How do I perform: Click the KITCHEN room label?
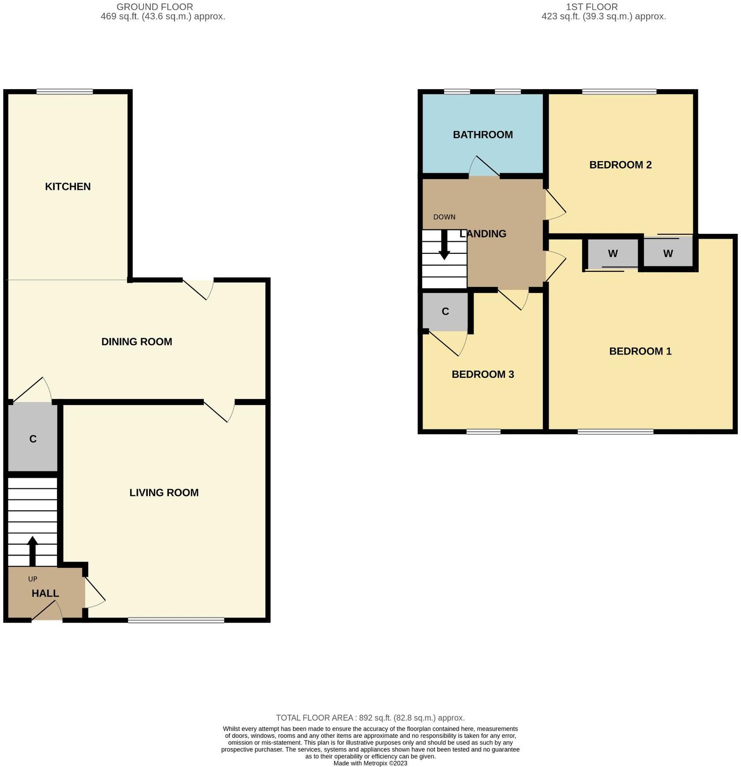(68, 186)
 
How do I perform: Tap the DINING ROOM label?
(137, 342)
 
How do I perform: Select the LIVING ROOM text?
(164, 493)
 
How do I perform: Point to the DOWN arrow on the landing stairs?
(444, 245)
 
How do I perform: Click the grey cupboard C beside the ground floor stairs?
(33, 438)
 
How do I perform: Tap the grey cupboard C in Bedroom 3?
(445, 312)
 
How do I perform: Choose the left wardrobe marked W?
(612, 254)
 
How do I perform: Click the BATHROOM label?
(483, 135)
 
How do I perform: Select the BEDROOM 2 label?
(620, 165)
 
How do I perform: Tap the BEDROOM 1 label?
(640, 351)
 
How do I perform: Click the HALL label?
(45, 593)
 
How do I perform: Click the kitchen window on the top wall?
(65, 92)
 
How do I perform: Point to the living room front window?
(176, 620)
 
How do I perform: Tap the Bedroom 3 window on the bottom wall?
(483, 431)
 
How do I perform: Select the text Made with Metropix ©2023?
(370, 763)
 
